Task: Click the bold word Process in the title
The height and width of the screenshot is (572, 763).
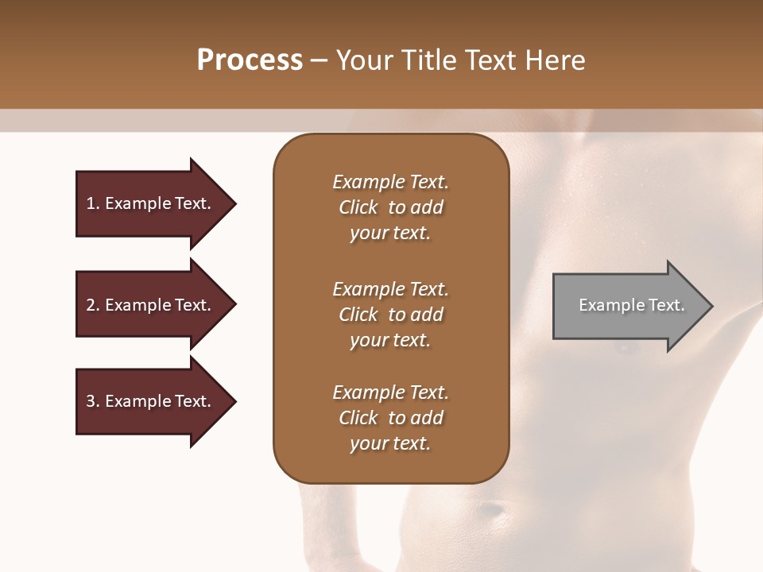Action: [250, 60]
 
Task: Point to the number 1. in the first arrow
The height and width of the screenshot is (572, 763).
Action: [93, 203]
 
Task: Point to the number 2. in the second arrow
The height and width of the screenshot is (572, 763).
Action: [93, 305]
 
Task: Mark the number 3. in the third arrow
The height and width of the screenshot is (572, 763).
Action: [93, 401]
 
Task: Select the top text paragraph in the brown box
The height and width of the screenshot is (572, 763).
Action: [390, 207]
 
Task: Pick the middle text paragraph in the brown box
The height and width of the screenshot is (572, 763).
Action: [390, 315]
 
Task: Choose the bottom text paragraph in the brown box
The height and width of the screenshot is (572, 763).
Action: [390, 418]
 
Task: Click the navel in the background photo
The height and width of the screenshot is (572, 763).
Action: [494, 508]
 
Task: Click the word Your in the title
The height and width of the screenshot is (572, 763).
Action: [363, 60]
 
